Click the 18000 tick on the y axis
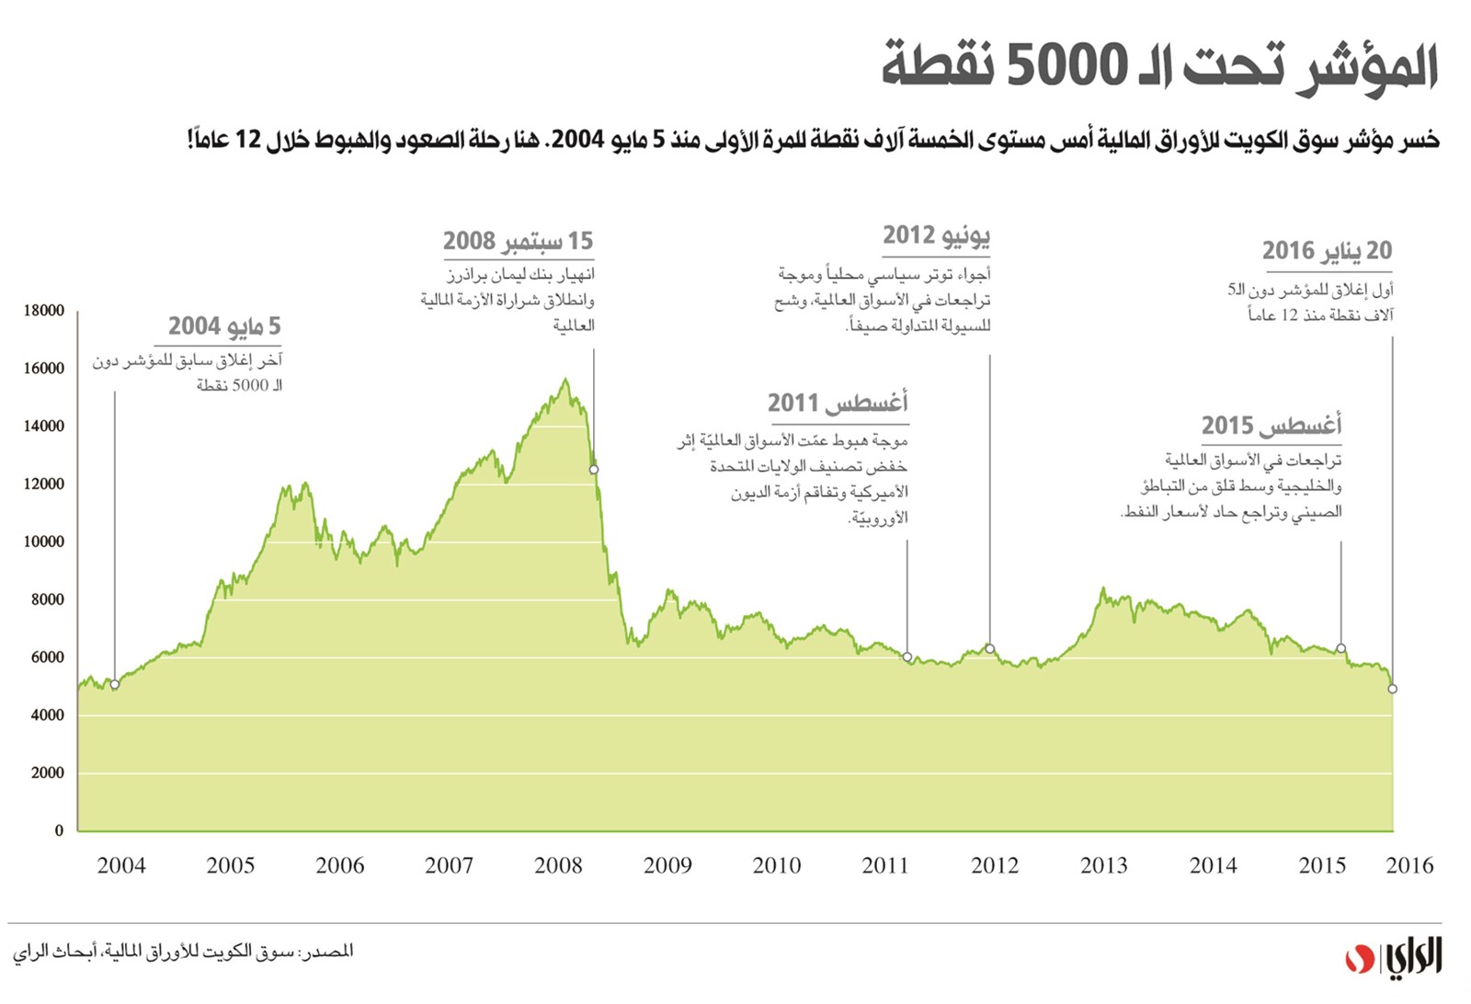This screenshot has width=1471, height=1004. [44, 311]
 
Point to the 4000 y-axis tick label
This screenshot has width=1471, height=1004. [47, 715]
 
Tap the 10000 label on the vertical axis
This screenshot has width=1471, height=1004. [44, 542]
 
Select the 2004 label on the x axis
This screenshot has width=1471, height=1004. [121, 865]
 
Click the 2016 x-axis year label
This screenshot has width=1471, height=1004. [1409, 865]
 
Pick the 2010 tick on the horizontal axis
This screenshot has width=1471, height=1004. [777, 865]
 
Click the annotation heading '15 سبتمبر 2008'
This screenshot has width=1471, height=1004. [519, 241]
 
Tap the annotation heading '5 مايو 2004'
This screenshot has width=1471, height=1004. [224, 326]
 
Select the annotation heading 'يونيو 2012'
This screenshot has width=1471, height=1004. [936, 235]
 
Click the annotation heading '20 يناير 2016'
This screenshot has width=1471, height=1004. [1327, 250]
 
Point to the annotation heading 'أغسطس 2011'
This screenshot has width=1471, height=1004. [838, 403]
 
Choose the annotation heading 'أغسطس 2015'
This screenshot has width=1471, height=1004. [1271, 426]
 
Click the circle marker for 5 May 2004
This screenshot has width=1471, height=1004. [115, 685]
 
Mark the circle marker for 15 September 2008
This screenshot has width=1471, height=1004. [594, 470]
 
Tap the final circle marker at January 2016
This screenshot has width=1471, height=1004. [1392, 689]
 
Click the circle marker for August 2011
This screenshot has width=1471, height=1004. [907, 657]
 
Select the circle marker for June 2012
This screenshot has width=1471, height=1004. [990, 649]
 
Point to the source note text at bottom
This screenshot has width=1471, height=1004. [183, 952]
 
